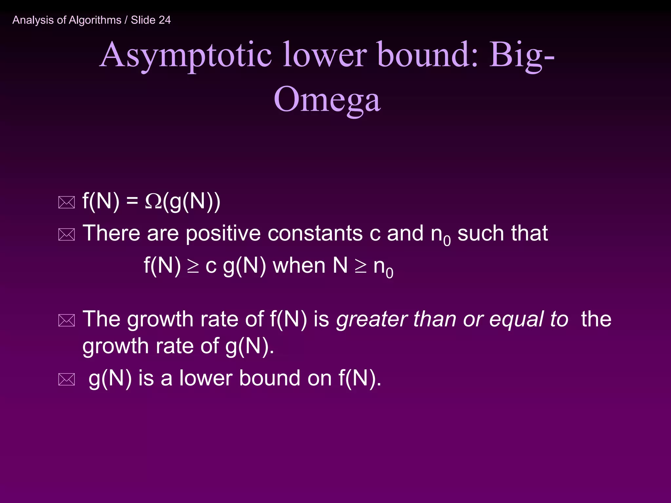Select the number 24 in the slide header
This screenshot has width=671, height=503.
tap(165, 20)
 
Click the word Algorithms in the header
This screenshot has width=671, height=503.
tap(95, 20)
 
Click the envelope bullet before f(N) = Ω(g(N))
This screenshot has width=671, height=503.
tap(67, 202)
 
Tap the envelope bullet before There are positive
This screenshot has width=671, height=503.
tap(67, 234)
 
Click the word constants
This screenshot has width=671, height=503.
tap(315, 233)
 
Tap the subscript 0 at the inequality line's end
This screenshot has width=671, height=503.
tap(389, 272)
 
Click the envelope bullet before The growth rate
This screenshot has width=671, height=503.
tap(67, 320)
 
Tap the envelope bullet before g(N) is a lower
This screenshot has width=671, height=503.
tap(67, 379)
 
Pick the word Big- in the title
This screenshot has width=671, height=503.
tap(522, 55)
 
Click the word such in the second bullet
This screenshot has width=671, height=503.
tap(480, 233)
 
